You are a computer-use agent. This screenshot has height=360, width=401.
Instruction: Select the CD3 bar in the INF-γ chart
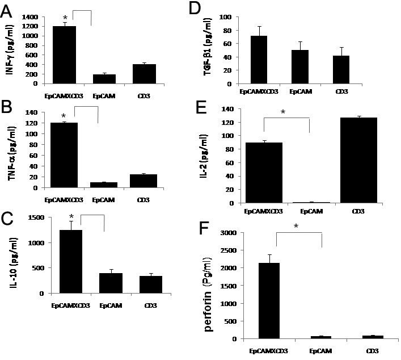pos(145,74)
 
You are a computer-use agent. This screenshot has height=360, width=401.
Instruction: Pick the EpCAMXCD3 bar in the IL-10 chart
pos(64,261)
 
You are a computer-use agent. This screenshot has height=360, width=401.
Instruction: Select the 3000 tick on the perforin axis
pos(240,232)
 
